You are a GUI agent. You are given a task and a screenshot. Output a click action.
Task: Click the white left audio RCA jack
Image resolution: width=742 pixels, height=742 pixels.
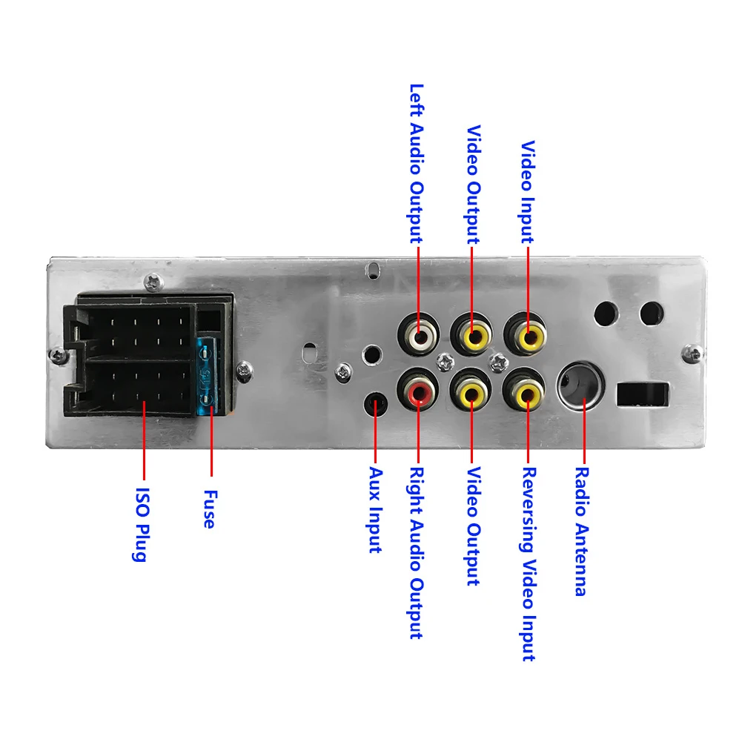click(418, 338)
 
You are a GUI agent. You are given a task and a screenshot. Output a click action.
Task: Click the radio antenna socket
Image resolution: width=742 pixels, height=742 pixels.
click(583, 385)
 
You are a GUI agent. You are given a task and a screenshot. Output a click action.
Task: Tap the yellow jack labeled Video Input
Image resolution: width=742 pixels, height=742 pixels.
click(528, 338)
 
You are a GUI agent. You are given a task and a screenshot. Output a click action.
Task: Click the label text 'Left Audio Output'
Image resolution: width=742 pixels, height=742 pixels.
click(417, 162)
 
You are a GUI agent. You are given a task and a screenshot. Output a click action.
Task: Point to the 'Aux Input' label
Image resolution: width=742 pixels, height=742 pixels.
click(375, 509)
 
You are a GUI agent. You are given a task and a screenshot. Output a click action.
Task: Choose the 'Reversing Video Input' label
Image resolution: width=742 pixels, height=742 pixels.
click(529, 563)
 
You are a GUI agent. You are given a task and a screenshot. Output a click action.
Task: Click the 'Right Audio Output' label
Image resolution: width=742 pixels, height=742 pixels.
click(417, 552)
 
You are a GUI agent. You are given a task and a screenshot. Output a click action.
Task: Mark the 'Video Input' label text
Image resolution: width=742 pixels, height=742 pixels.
click(528, 192)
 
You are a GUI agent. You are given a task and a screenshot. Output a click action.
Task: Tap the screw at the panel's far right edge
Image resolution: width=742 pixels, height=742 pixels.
click(692, 351)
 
